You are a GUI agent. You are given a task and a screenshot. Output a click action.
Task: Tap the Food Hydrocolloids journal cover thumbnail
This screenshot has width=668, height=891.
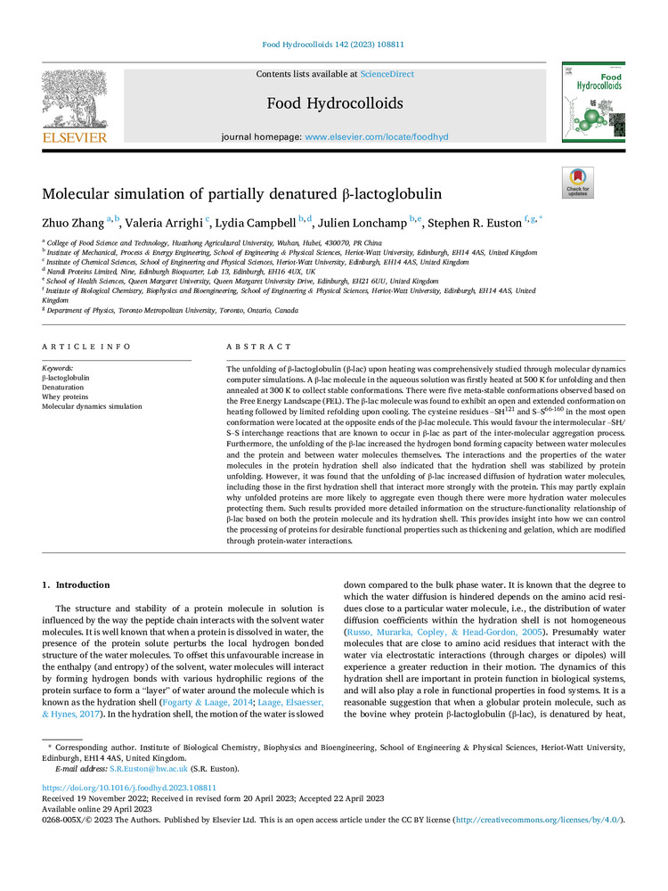592,102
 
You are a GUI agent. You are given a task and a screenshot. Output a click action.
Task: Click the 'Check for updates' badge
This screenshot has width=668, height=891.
577,183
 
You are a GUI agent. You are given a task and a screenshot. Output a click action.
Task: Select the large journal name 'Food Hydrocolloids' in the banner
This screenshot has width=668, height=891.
334,104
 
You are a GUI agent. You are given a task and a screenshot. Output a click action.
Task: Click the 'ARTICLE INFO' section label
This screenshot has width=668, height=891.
86,347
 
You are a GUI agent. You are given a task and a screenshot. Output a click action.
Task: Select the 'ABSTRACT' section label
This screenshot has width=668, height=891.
259,347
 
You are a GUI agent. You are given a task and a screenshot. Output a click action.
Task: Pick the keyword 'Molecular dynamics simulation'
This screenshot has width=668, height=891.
92,406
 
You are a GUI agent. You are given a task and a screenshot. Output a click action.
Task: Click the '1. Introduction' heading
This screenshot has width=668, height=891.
78,585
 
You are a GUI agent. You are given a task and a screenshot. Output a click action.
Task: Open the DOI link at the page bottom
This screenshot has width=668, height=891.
130,789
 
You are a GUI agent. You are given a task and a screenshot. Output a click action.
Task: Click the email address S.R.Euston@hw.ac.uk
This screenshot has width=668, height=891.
139,768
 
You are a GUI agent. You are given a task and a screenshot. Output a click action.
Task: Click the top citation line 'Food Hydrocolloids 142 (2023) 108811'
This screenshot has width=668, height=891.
333,44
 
